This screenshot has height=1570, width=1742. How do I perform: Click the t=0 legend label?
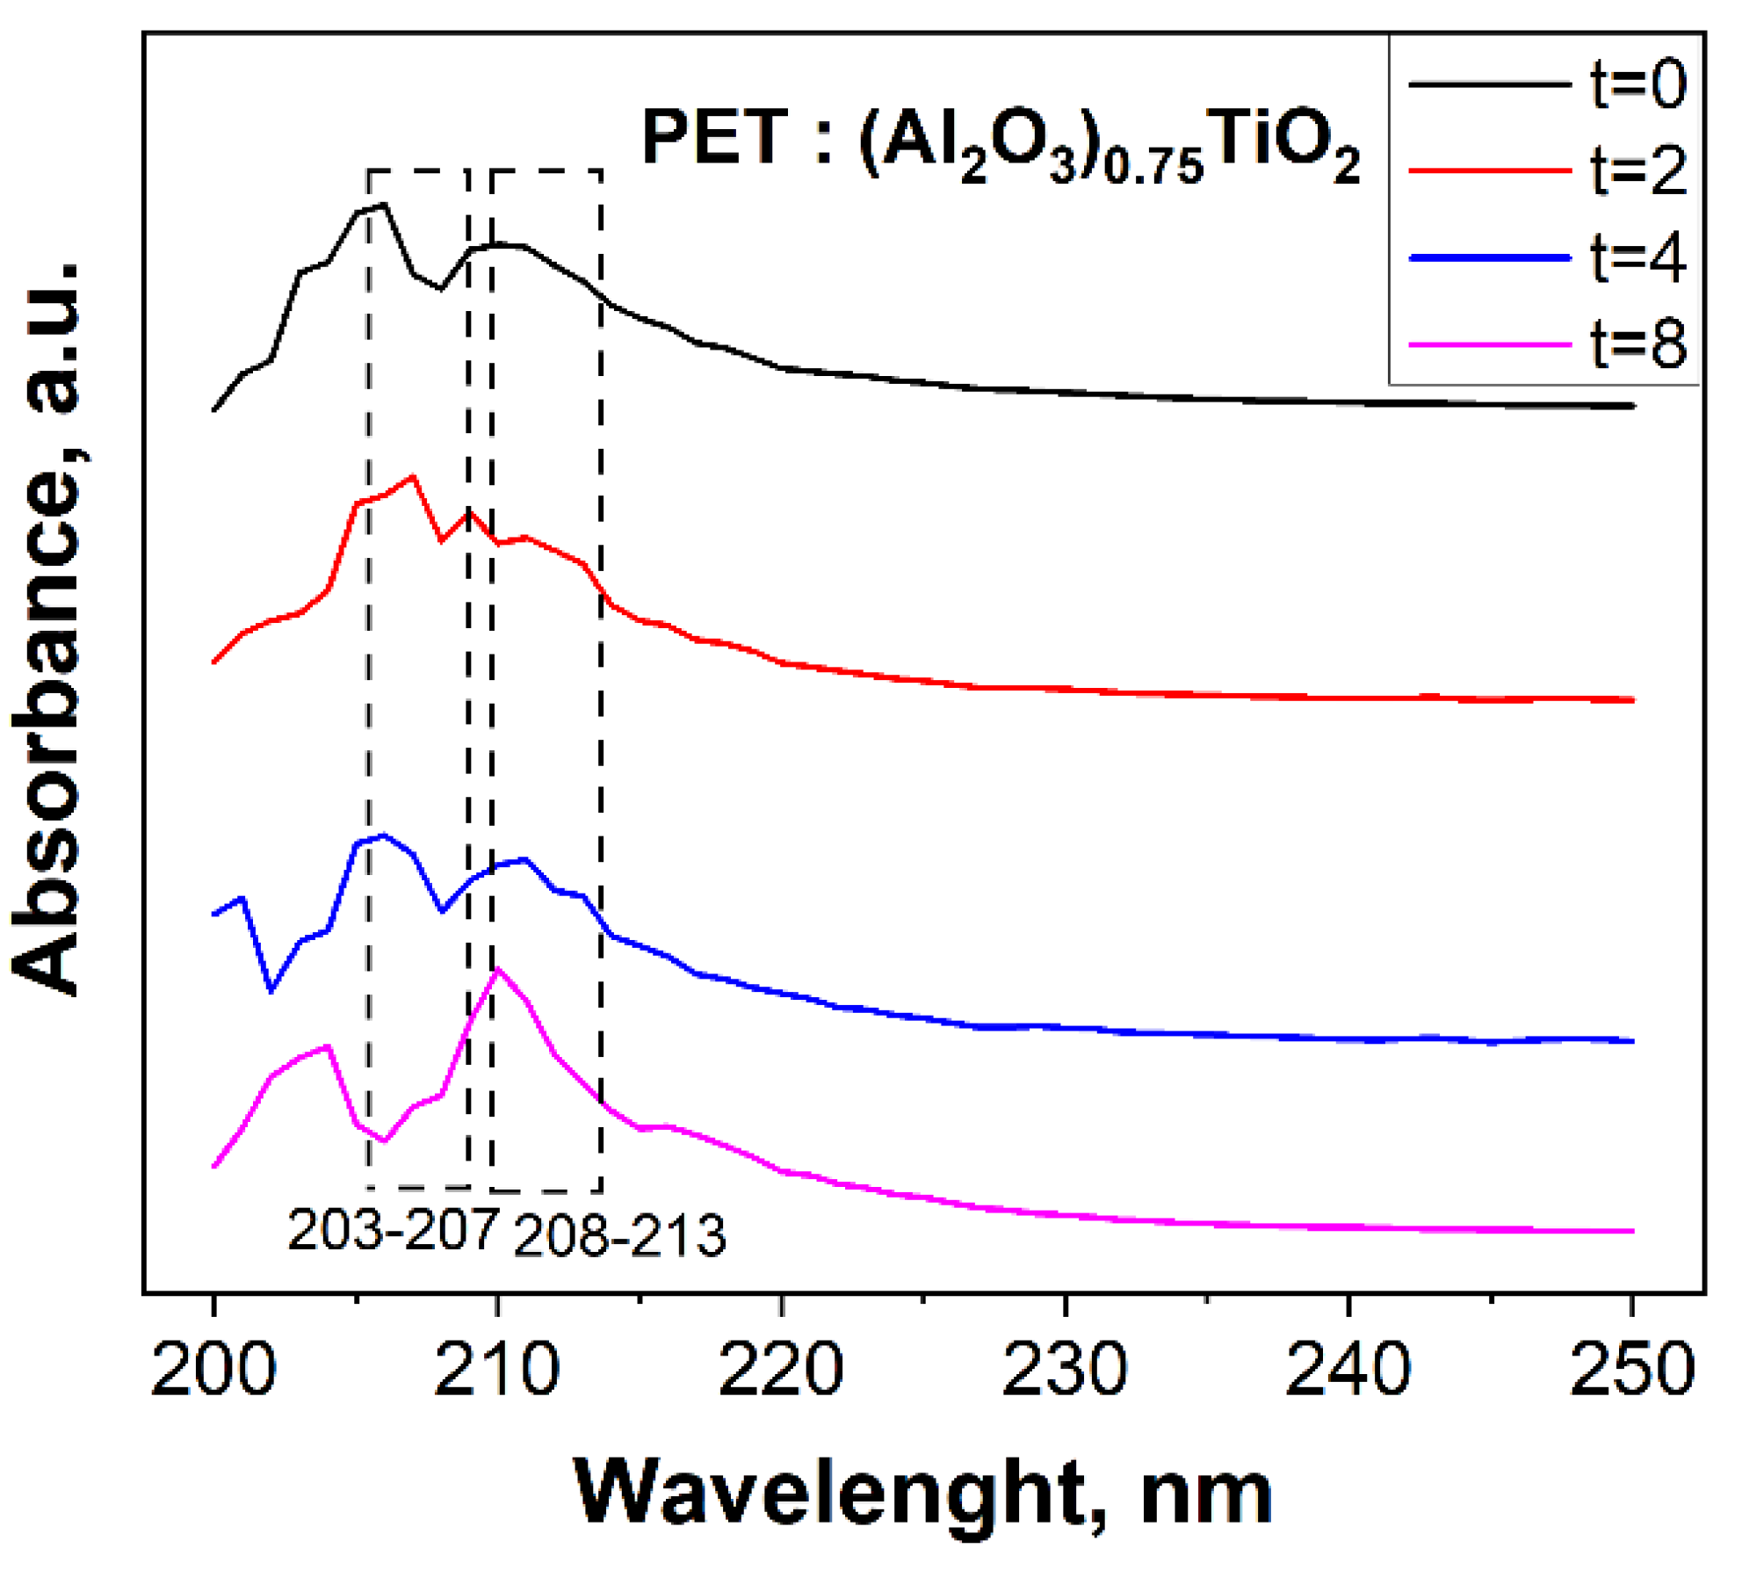point(1638,84)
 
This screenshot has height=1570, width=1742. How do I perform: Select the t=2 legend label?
point(1638,170)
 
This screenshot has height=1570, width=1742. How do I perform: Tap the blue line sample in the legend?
point(1490,257)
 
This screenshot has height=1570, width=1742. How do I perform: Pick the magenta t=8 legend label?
point(1638,344)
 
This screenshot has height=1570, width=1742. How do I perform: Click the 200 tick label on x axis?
point(213,1370)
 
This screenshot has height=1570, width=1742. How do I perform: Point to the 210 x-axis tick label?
point(497,1370)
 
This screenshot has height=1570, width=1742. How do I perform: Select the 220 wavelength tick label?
point(781,1370)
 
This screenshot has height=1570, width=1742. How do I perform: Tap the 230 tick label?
point(1065,1370)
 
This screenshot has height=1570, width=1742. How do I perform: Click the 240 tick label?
point(1348,1370)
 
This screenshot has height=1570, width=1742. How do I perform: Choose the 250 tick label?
point(1632,1370)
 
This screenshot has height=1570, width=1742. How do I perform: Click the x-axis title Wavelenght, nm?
point(922,1493)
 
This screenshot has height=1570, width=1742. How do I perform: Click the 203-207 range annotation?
point(393,1230)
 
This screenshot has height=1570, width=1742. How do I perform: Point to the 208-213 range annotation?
point(619,1235)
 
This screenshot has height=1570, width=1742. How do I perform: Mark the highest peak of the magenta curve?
point(498,969)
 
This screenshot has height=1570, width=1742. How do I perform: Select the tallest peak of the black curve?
point(385,205)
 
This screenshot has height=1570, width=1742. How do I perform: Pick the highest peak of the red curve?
point(413,477)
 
